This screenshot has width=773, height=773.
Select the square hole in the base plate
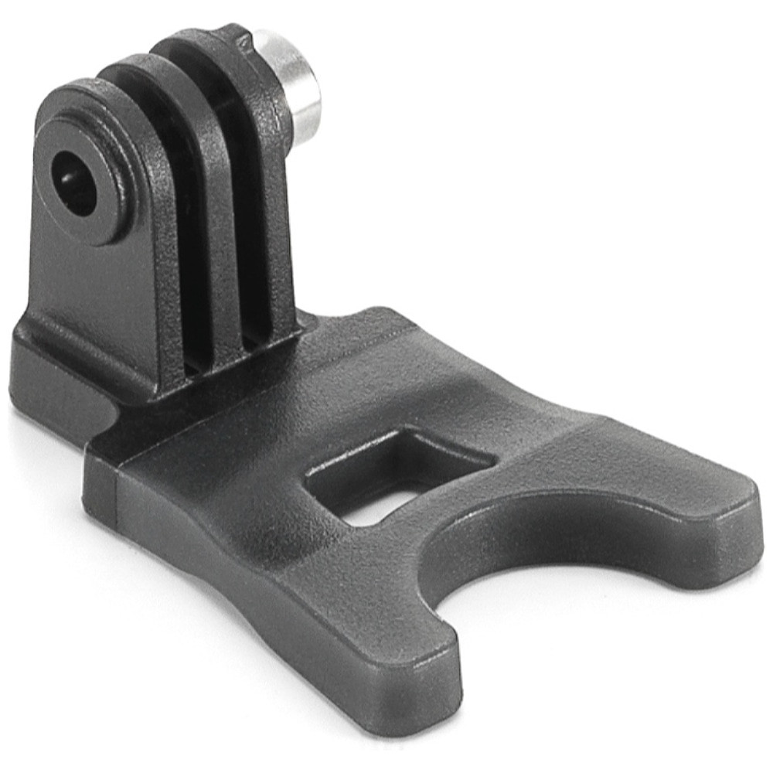point(398,472)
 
